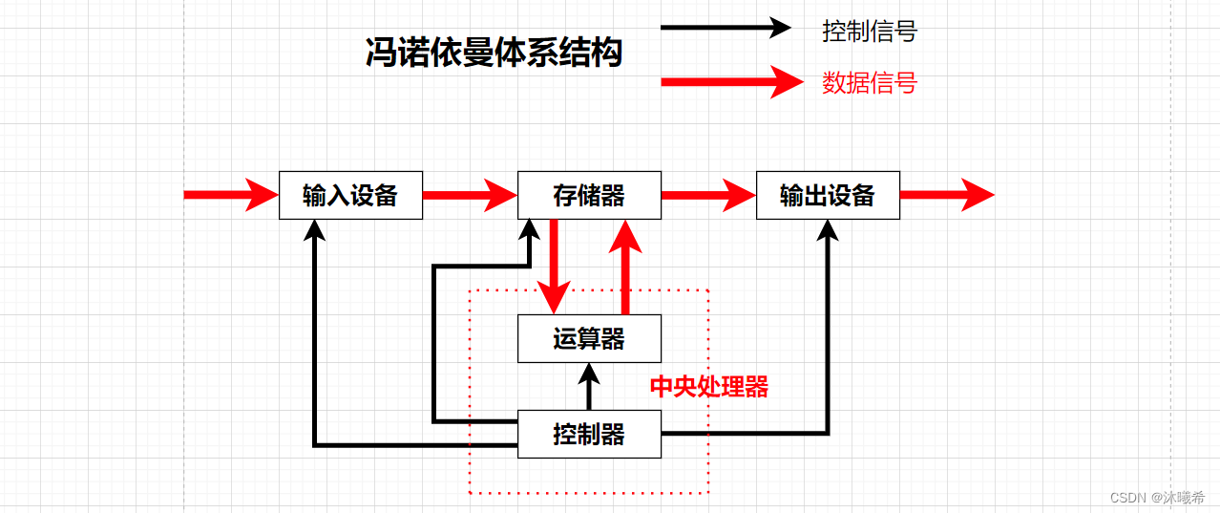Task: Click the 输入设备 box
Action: (350, 196)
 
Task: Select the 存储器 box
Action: (589, 196)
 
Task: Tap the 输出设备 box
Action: (828, 196)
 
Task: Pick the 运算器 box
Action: (589, 339)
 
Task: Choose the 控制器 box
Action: (589, 435)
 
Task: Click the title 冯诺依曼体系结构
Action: (494, 53)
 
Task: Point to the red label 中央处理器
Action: (708, 387)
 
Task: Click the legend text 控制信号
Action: (869, 32)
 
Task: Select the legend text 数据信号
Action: (869, 83)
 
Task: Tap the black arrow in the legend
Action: (726, 28)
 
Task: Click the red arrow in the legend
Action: (730, 82)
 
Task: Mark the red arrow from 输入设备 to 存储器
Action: (469, 196)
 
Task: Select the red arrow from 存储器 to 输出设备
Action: (707, 196)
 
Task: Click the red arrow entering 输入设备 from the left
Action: (229, 196)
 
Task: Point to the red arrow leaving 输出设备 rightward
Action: (946, 196)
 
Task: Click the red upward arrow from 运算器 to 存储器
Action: (625, 267)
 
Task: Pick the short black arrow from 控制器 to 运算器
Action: (589, 386)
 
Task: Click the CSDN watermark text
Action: (1157, 498)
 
